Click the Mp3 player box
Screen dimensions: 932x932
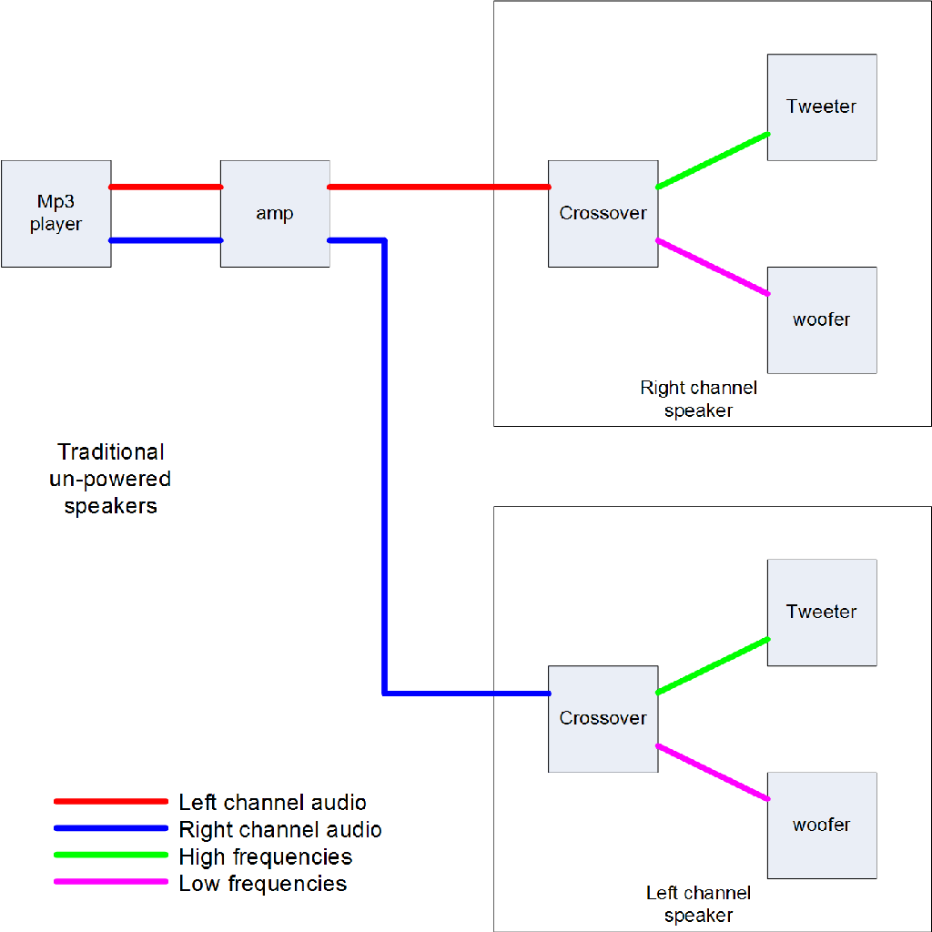[56, 214]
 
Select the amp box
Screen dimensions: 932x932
[275, 214]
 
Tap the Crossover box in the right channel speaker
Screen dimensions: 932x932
[603, 214]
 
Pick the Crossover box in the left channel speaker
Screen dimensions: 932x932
[603, 719]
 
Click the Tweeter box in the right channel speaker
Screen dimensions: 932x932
[822, 107]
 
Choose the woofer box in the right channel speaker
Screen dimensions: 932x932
[822, 320]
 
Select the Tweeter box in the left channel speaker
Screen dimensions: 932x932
[822, 613]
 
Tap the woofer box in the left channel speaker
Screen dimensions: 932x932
[822, 826]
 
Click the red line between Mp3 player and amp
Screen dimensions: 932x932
[166, 187]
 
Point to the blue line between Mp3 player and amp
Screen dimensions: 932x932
[166, 241]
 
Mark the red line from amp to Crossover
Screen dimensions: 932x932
[437, 187]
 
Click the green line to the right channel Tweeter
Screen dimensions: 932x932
[713, 161]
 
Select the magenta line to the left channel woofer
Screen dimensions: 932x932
[713, 773]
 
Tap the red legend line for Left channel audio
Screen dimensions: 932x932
[111, 802]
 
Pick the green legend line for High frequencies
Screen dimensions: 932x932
[111, 856]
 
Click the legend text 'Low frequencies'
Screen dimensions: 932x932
[262, 883]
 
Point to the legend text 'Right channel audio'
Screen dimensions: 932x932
[279, 829]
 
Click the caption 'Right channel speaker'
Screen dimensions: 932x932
[698, 399]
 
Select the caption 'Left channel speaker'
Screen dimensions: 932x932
[698, 904]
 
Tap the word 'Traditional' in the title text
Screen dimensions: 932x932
[111, 451]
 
